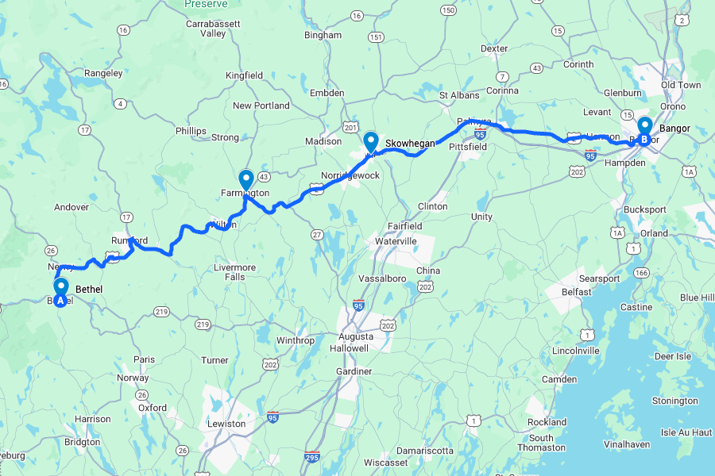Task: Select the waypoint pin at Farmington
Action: [x=245, y=180]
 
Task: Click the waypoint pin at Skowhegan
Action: [x=370, y=142]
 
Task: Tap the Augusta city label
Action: [x=354, y=336]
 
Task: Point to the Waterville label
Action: [x=396, y=240]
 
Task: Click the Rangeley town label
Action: [x=104, y=73]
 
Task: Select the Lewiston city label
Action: [x=226, y=424]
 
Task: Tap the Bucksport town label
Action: [x=623, y=208]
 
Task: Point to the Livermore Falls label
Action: [x=235, y=272]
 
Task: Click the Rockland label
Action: [x=547, y=422]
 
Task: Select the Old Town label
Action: [x=680, y=85]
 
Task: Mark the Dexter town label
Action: [x=494, y=48]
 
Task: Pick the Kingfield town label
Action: [x=244, y=75]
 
